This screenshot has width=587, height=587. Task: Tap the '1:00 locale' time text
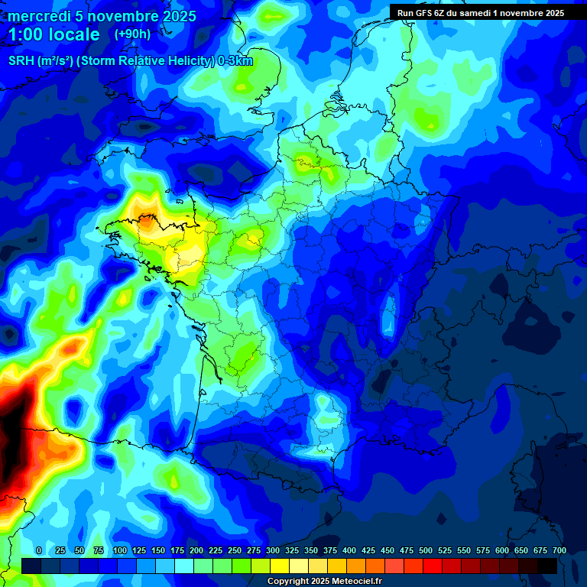[x=54, y=34]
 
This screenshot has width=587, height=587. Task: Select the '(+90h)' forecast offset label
[x=132, y=34]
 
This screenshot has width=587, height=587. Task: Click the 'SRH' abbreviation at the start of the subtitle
[x=21, y=61]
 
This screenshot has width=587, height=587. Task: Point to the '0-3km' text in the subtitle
[x=235, y=61]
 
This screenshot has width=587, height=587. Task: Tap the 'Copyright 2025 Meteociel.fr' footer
[x=324, y=582]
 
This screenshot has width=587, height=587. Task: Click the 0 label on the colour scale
[x=39, y=550]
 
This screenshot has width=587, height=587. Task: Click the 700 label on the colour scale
[x=559, y=550]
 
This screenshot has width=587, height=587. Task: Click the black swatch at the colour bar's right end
[x=547, y=566]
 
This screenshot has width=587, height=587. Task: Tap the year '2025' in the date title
[x=180, y=16]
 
